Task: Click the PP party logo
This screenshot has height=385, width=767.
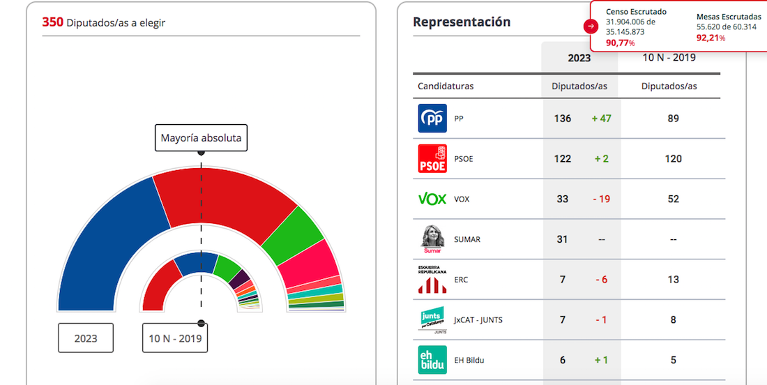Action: (432, 119)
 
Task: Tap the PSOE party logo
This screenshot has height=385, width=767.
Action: (432, 159)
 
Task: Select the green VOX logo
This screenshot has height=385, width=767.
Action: (432, 199)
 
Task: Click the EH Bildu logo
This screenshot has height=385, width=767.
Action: (432, 360)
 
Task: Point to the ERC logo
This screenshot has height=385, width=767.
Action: (432, 279)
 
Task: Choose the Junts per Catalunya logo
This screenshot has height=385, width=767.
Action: (432, 320)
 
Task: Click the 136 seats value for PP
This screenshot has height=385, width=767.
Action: (563, 119)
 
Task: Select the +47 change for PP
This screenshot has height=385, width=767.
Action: (601, 119)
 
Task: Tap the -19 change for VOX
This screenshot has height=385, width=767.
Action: (601, 199)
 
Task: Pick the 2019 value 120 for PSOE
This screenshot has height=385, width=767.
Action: (673, 159)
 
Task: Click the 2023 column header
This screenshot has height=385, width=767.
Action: (579, 58)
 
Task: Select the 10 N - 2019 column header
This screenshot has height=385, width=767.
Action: (669, 57)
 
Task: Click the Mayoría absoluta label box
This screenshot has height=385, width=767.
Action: (201, 138)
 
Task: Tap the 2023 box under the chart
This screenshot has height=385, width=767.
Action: (86, 338)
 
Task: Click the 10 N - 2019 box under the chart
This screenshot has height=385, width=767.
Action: (175, 338)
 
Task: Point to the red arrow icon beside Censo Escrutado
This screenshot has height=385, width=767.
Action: (591, 27)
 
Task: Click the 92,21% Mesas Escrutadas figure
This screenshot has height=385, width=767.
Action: (711, 38)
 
